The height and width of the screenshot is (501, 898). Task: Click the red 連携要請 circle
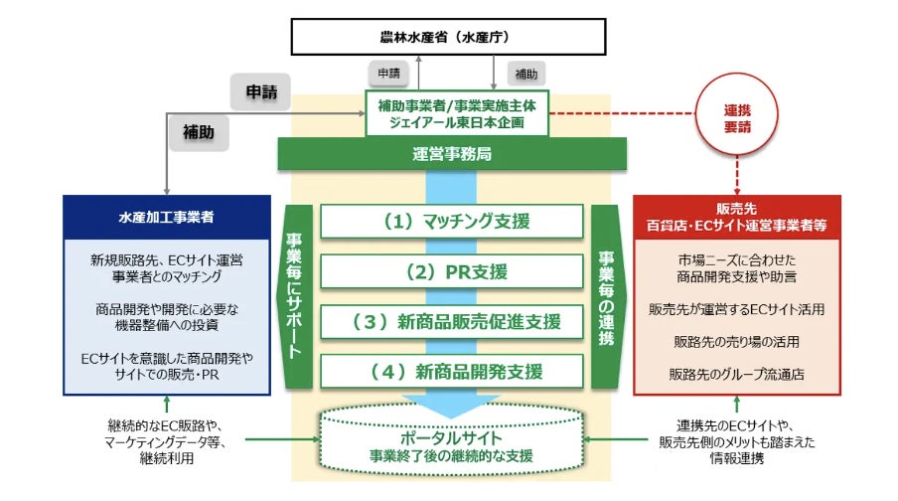pos(736,111)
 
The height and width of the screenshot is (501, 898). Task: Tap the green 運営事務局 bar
pos(451,153)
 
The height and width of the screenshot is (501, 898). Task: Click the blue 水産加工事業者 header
pos(166,215)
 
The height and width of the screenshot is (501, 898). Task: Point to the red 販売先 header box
pos(736,216)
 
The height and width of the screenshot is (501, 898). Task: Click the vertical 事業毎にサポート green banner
pos(296,296)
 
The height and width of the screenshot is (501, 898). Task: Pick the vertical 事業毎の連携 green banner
pos(605,296)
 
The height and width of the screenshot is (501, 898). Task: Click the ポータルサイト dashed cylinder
pos(451,445)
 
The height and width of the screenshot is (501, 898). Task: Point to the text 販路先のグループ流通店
pos(737,375)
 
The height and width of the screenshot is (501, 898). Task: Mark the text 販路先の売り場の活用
pos(737,342)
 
